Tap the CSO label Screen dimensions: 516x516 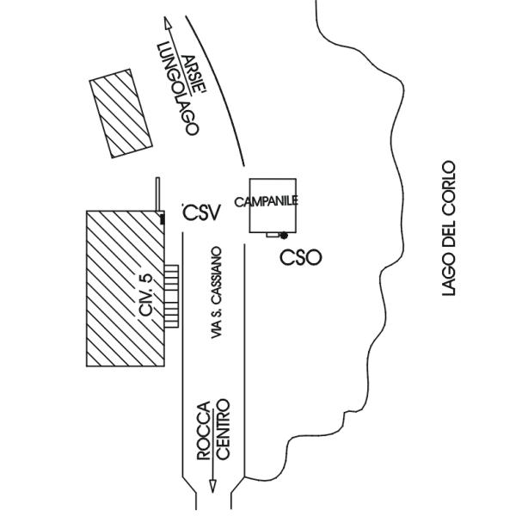301,257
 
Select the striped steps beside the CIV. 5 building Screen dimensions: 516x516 172,294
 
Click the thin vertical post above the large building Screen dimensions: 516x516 157,193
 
